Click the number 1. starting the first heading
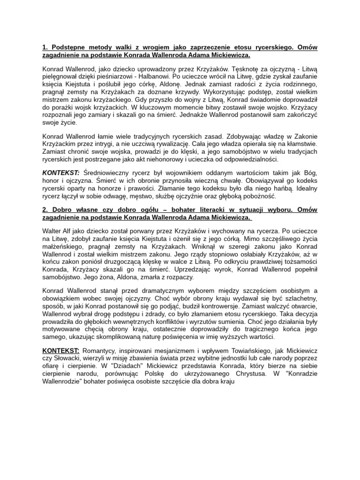(x=45, y=46)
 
